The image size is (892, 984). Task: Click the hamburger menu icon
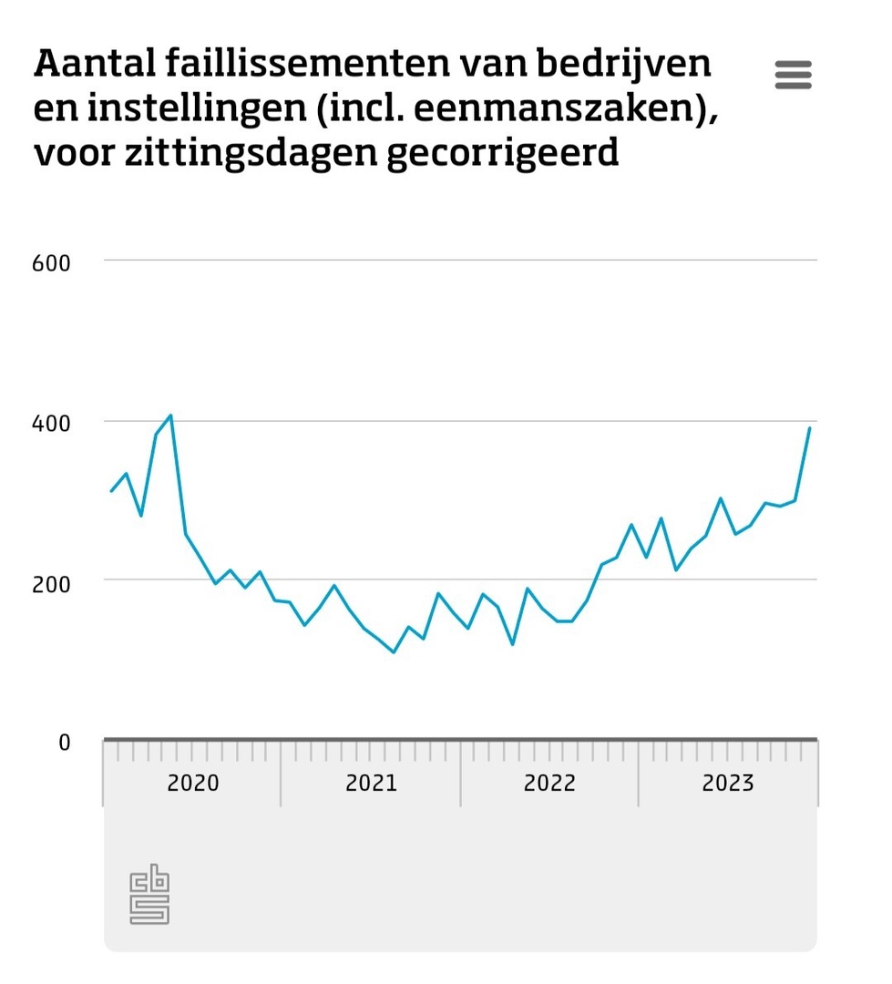click(x=793, y=75)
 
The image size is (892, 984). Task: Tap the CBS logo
click(x=149, y=894)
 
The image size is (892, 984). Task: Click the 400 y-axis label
click(x=51, y=423)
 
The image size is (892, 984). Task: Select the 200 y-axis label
click(x=51, y=582)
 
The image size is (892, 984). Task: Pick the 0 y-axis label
click(x=64, y=743)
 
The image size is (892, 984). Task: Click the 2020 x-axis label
click(x=193, y=783)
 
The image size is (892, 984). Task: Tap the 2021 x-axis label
click(x=372, y=783)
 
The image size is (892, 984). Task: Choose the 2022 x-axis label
click(x=549, y=783)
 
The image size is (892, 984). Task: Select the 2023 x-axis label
click(x=728, y=783)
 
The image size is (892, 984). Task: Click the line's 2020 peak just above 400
click(x=170, y=415)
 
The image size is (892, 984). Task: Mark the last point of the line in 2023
click(x=809, y=427)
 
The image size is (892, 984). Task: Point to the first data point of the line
click(x=111, y=491)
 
